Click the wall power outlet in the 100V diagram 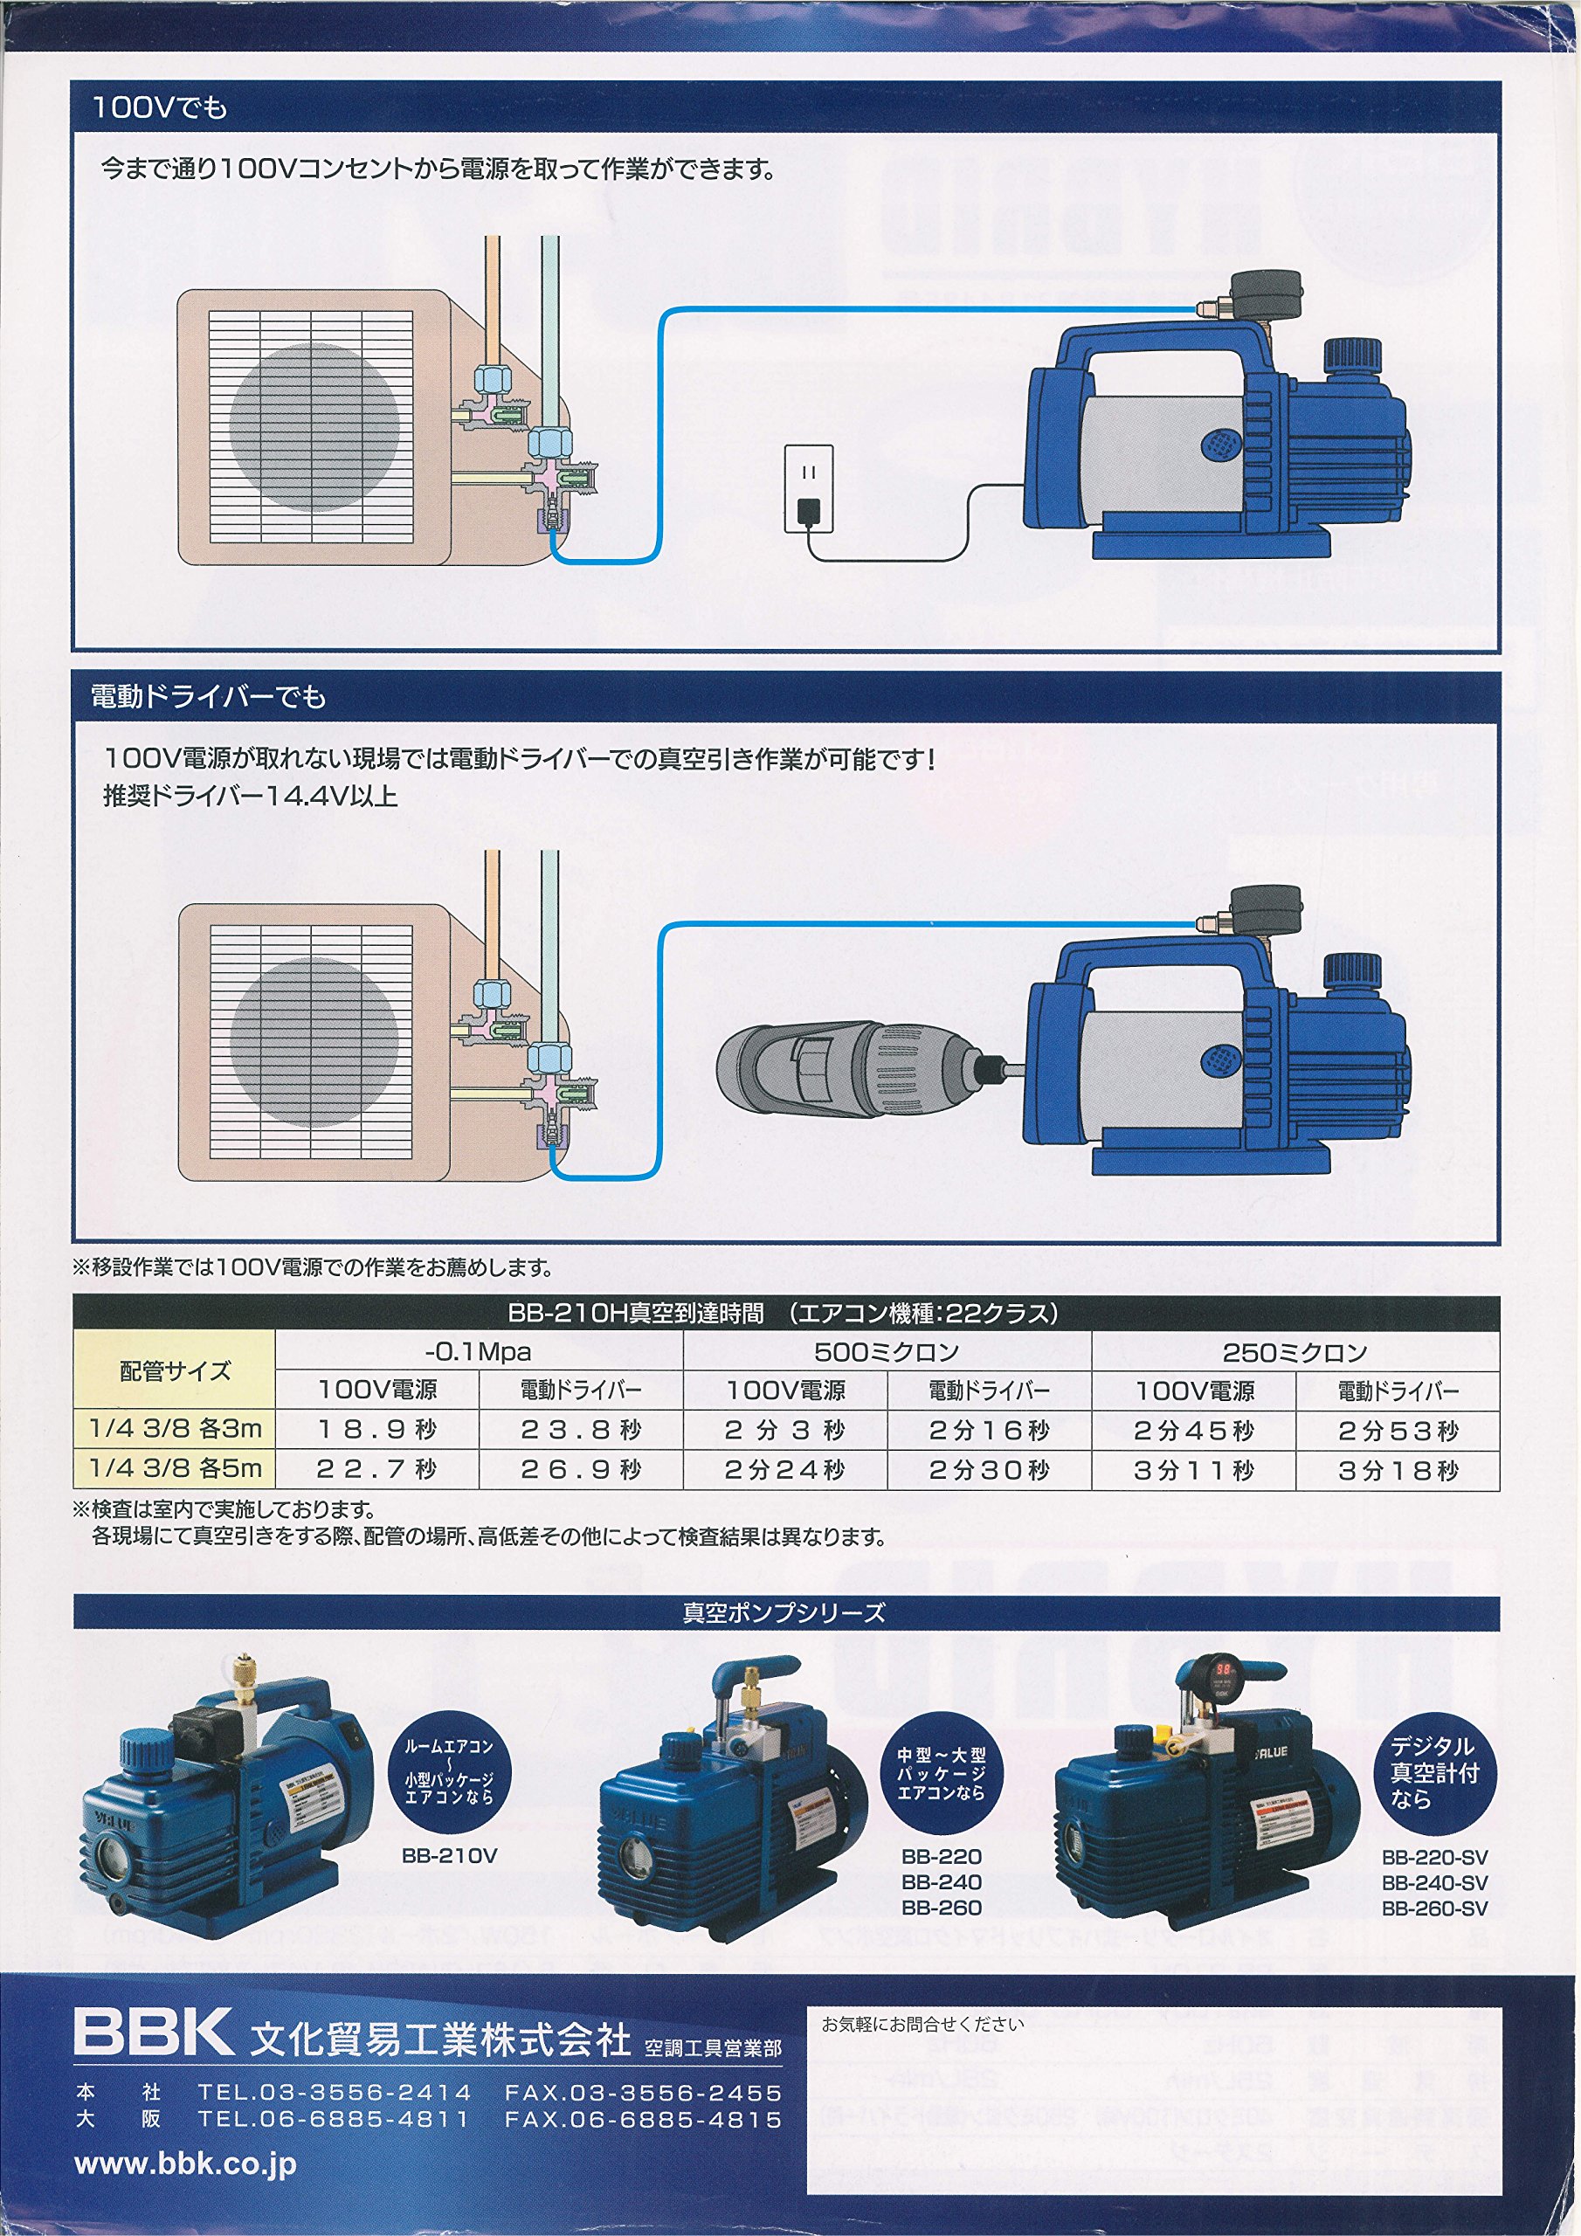809,488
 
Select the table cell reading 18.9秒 377,1430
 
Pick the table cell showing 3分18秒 1397,1471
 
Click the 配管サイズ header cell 175,1370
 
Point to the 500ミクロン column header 887,1352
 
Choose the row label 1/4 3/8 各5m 176,1467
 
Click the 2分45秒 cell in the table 1193,1431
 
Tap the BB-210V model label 449,1856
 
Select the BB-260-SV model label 1434,1908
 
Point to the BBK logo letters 153,2032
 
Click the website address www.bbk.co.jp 185,2164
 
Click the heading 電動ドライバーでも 209,696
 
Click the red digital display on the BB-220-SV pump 1225,1669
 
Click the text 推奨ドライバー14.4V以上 251,797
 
